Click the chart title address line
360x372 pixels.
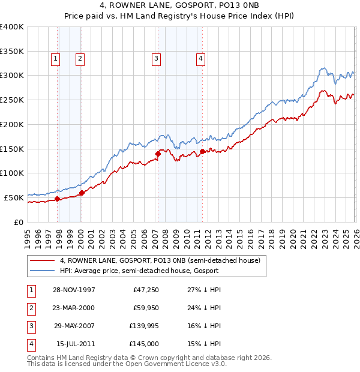(180, 5)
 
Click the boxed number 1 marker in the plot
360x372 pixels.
(55, 58)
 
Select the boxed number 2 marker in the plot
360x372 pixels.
(79, 58)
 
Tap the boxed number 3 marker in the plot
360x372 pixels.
(155, 58)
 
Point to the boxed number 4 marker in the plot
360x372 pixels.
(200, 58)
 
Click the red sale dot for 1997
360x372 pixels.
(58, 199)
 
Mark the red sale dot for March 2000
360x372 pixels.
(82, 193)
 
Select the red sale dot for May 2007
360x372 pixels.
(158, 154)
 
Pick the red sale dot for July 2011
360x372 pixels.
(203, 151)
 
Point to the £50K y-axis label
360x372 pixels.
(14, 197)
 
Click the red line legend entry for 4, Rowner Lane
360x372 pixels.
(160, 260)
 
